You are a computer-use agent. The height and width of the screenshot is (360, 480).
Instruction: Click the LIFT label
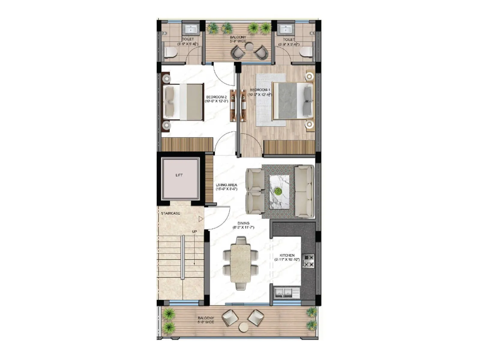[x=179, y=175]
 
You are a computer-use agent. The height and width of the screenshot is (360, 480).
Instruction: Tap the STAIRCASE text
[x=170, y=213]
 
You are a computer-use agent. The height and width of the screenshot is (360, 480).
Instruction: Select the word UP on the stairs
[x=194, y=232]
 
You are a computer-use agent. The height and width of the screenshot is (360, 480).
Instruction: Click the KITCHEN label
[x=287, y=255]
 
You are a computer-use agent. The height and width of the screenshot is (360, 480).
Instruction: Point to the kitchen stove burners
[x=308, y=261]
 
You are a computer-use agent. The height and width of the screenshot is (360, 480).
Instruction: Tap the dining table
[x=241, y=263]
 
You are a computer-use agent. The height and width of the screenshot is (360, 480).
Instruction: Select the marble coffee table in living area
[x=279, y=192]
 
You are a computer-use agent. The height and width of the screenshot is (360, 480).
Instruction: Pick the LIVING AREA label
[x=226, y=185]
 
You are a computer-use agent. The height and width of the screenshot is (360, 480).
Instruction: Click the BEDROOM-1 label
[x=260, y=90]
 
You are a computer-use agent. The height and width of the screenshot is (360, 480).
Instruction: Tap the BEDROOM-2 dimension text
[x=216, y=101]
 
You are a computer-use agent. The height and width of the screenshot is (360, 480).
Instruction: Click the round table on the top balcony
[x=249, y=46]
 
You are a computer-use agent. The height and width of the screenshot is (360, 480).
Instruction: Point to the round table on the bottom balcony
[x=244, y=327]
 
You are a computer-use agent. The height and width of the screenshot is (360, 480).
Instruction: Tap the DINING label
[x=243, y=223]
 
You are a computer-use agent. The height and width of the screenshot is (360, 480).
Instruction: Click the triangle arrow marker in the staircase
[x=201, y=219]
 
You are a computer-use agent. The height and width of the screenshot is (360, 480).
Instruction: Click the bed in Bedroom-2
[x=183, y=102]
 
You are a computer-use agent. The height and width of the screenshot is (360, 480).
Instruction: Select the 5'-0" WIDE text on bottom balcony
[x=206, y=322]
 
